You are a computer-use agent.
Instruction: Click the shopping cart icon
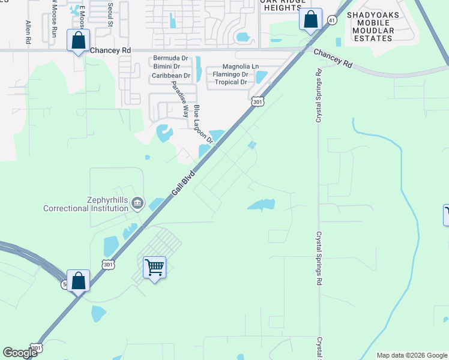[x=155, y=267]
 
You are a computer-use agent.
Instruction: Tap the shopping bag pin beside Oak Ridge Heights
[x=310, y=19]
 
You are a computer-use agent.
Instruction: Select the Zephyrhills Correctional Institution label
[x=85, y=204]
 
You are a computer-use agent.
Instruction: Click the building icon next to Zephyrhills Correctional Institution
[x=137, y=204]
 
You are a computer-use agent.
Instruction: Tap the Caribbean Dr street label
[x=171, y=76]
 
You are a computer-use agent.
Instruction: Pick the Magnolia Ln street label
[x=241, y=67]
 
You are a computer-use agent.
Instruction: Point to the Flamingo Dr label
[x=231, y=74]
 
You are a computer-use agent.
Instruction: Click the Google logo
[x=20, y=353]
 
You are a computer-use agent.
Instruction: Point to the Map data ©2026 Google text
[x=412, y=355]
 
